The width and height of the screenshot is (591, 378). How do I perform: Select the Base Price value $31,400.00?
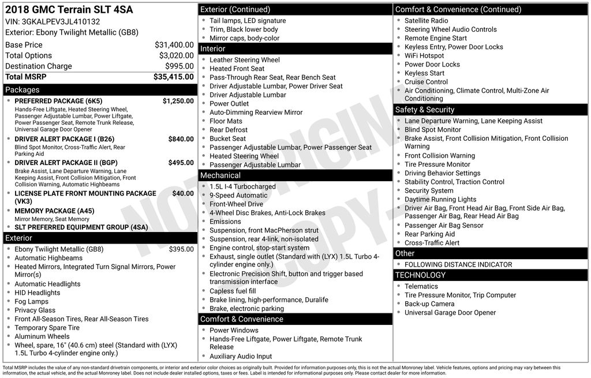click(x=174, y=44)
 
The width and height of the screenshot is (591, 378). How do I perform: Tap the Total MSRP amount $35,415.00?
click(x=173, y=77)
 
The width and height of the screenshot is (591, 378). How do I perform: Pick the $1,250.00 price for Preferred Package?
click(x=178, y=101)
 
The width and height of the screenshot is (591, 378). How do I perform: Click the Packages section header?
click(x=23, y=89)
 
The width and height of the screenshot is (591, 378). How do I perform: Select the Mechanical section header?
click(x=220, y=175)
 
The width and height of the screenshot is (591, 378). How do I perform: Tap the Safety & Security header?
click(x=425, y=110)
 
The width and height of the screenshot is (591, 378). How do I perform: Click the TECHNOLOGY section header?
click(x=421, y=275)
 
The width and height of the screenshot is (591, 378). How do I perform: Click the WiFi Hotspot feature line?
click(x=424, y=56)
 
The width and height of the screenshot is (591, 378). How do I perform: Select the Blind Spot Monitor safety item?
click(x=432, y=130)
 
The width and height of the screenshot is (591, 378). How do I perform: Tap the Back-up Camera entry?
click(x=429, y=304)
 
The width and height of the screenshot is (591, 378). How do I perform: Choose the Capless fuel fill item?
click(x=233, y=291)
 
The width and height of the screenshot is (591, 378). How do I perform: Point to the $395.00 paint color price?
click(x=181, y=249)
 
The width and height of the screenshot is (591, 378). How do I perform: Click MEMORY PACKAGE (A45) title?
click(x=54, y=211)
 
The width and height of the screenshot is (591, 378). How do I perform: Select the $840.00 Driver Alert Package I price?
click(x=181, y=139)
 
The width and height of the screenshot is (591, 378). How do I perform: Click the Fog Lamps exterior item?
click(x=32, y=302)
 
